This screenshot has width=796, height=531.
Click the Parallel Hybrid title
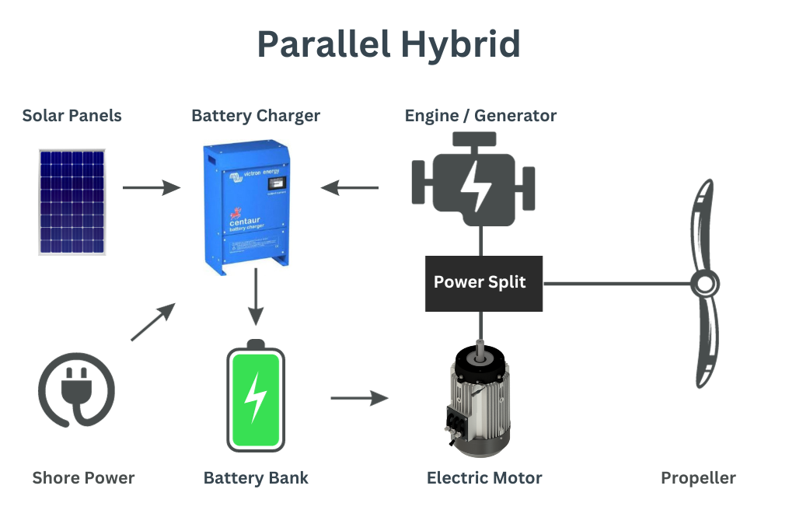coord(389,44)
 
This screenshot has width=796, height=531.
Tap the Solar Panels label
coord(72,116)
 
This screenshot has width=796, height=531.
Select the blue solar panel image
coord(72,202)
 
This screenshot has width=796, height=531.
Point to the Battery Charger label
coord(256,116)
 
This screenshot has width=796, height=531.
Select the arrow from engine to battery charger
coord(350,187)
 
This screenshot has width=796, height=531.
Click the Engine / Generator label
coord(480,116)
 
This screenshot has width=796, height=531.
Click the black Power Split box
coord(483,282)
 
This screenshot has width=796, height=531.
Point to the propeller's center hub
coord(704,283)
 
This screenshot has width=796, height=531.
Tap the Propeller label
coord(698,477)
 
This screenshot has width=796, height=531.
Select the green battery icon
coord(255,397)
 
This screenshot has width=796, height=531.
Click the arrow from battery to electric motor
coord(359,398)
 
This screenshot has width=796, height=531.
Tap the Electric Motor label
coord(484,477)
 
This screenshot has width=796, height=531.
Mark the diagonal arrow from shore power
coord(152,322)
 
